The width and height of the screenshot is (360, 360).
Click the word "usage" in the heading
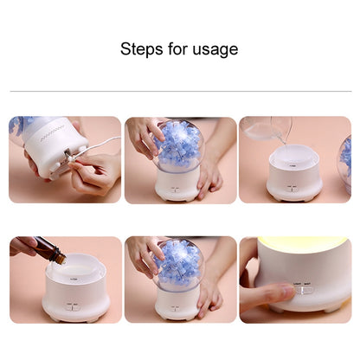(x=214, y=50)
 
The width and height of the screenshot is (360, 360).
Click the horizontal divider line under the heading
(x=180, y=90)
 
